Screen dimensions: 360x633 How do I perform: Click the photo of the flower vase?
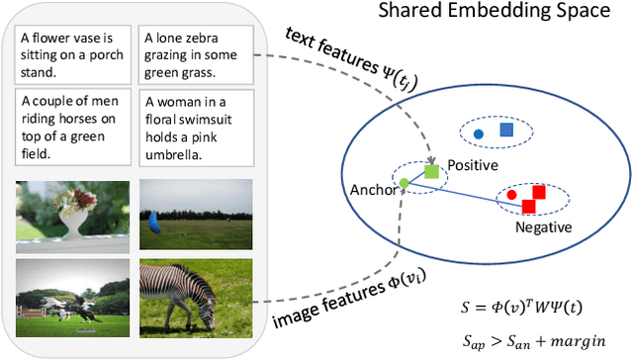[72, 210]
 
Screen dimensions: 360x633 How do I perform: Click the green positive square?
[431, 172]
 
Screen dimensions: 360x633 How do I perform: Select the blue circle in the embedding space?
[479, 134]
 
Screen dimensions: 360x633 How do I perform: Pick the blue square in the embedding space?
[506, 130]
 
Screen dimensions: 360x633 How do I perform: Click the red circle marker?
[511, 195]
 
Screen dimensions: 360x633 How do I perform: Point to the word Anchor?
[370, 190]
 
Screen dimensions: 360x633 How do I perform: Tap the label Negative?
[543, 226]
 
